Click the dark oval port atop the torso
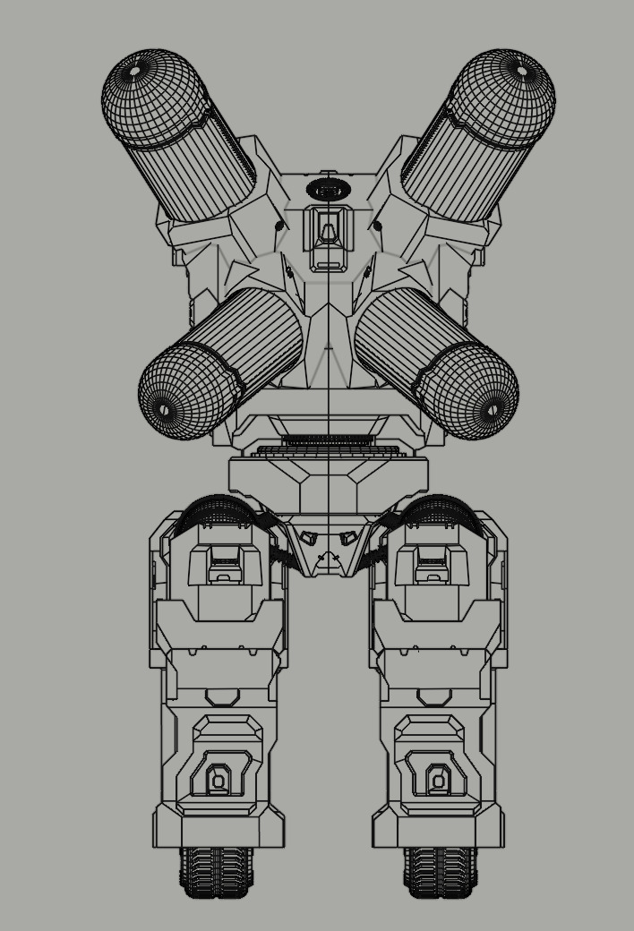329,190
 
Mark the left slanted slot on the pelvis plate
309,539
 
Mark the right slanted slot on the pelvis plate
348,539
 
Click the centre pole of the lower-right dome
492,410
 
